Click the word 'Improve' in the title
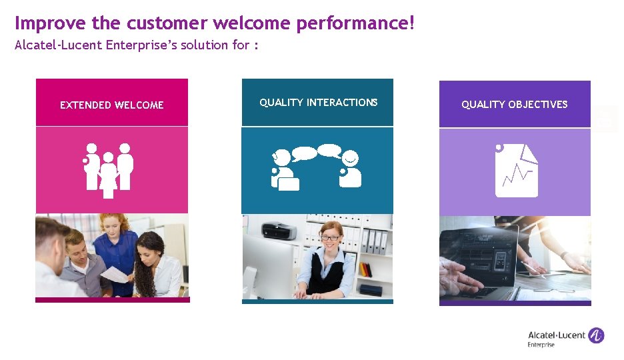[41, 23]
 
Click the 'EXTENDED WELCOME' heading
[111, 105]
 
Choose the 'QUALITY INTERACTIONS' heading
[318, 102]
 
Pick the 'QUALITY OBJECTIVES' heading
[514, 104]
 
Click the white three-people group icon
[109, 169]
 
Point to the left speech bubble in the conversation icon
[304, 153]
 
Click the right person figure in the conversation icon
[350, 169]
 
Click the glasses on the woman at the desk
[330, 237]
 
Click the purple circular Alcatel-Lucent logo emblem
[595, 335]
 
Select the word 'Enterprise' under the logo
[541, 345]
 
